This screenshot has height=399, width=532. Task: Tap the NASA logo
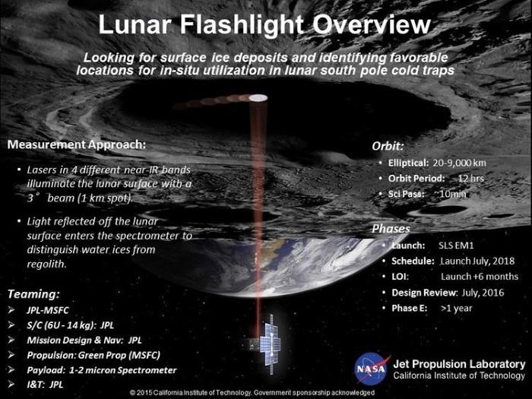(371, 369)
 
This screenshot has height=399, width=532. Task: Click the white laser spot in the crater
(258, 98)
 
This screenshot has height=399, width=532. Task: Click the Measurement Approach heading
(76, 144)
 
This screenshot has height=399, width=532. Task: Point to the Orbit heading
(388, 146)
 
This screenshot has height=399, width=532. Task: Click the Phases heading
(391, 229)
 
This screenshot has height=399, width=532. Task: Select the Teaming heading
(33, 294)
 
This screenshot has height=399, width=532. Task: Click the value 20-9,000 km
(459, 163)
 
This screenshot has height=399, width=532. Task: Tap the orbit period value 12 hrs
(471, 179)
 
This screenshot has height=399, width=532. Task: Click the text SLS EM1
(456, 245)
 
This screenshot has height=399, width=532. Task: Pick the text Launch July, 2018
(477, 261)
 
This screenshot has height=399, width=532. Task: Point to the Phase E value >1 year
(456, 309)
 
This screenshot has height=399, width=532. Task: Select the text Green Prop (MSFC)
(119, 355)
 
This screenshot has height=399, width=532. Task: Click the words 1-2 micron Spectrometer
(123, 370)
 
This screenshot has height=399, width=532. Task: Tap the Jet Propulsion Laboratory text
(459, 364)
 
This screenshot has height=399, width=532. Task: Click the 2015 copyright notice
(252, 393)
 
